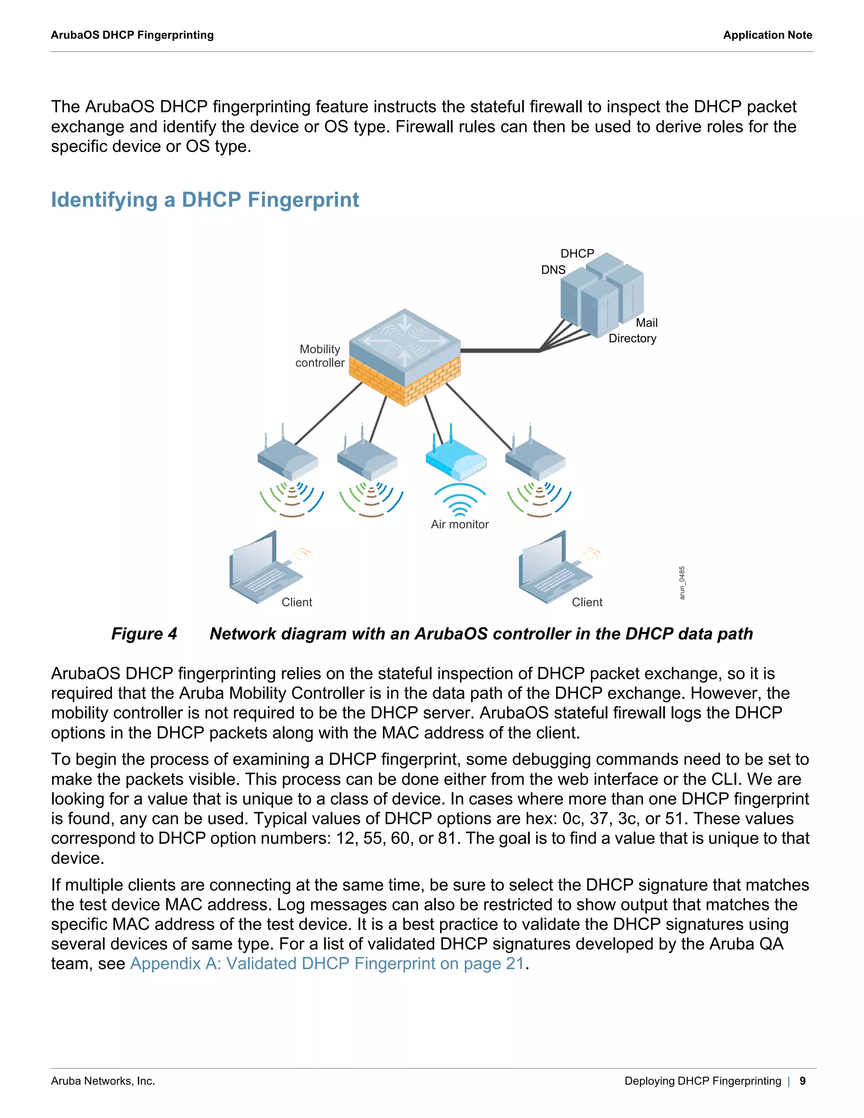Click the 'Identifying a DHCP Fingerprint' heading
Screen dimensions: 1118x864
pyautogui.click(x=205, y=200)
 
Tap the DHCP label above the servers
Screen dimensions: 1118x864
pyautogui.click(x=577, y=254)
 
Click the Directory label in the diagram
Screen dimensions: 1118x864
pyautogui.click(x=632, y=338)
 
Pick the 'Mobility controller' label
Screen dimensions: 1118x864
pyautogui.click(x=320, y=356)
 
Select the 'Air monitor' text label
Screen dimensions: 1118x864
pyautogui.click(x=460, y=524)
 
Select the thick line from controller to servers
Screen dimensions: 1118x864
pyautogui.click(x=499, y=351)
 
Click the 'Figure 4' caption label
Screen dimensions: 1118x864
pyautogui.click(x=144, y=634)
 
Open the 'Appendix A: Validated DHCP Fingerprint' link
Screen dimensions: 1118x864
pyautogui.click(x=327, y=964)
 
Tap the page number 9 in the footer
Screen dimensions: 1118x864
pyautogui.click(x=802, y=1080)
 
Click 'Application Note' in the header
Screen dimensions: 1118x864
pyautogui.click(x=767, y=35)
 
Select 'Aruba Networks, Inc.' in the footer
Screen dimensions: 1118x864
pyautogui.click(x=103, y=1080)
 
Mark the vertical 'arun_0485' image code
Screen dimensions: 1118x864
pyautogui.click(x=682, y=583)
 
